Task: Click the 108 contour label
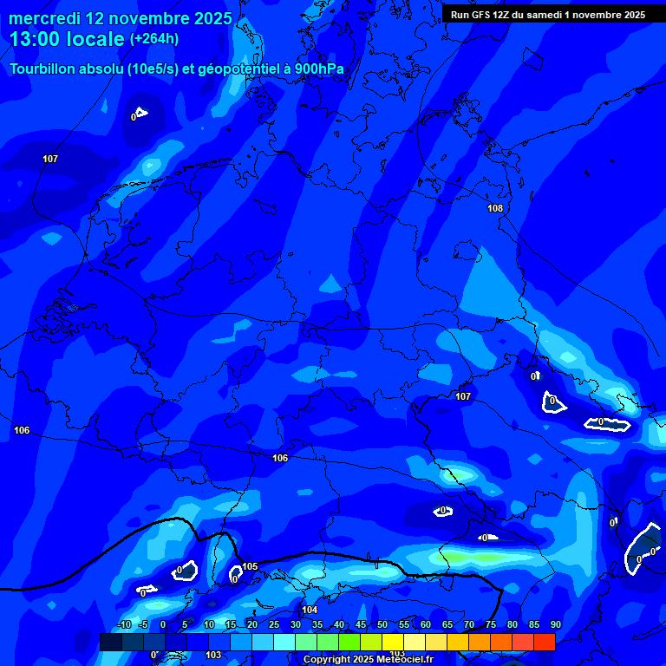(495, 208)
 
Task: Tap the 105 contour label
(250, 566)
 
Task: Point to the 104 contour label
(310, 610)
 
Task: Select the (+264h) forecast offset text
(154, 38)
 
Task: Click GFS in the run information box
(480, 15)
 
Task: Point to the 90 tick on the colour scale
(555, 624)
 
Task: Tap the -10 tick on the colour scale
(123, 624)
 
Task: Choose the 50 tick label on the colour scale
(382, 624)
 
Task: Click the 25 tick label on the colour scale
(273, 624)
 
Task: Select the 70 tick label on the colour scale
(469, 624)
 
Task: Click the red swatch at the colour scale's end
(544, 642)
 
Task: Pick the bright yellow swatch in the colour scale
(392, 642)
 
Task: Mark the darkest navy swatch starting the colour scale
(110, 642)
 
